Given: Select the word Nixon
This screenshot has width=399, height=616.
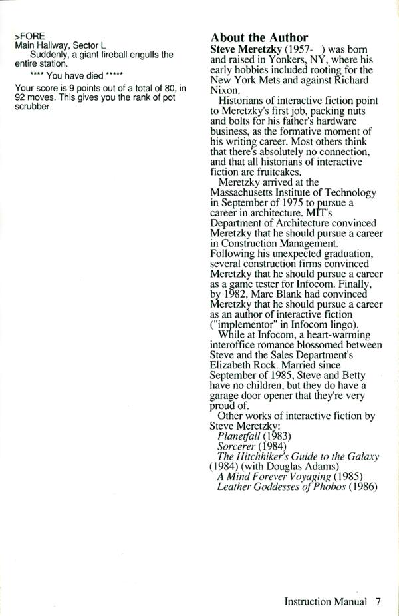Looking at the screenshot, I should (x=225, y=95).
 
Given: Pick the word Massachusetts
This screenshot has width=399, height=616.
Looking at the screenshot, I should (x=250, y=192).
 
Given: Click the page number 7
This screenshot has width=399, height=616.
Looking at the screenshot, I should (x=378, y=602).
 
